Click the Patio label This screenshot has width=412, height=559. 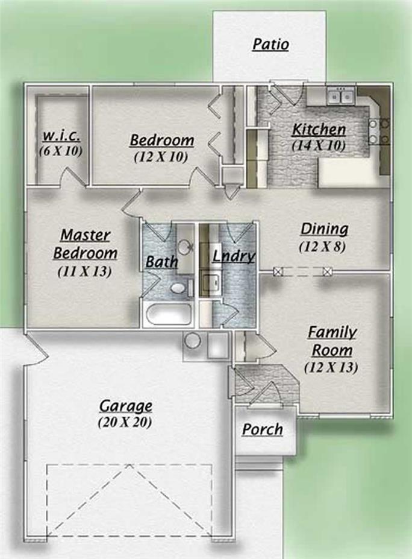pyautogui.click(x=270, y=44)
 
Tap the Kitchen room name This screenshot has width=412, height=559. pyautogui.click(x=319, y=130)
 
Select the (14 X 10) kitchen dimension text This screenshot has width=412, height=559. pyautogui.click(x=319, y=145)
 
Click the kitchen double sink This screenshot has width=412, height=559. pyautogui.click(x=340, y=95)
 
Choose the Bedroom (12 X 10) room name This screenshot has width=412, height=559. pyautogui.click(x=162, y=141)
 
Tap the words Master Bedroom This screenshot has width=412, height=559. pyautogui.click(x=85, y=243)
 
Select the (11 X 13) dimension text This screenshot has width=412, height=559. pyautogui.click(x=85, y=271)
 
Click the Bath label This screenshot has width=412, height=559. pyautogui.click(x=161, y=262)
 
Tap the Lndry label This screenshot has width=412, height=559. pyautogui.click(x=234, y=256)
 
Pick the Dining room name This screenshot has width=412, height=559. pyautogui.click(x=324, y=229)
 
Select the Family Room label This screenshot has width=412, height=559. pyautogui.click(x=331, y=341)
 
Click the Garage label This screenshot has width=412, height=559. pyautogui.click(x=125, y=406)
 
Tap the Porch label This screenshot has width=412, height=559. pyautogui.click(x=263, y=429)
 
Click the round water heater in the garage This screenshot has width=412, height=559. pyautogui.click(x=192, y=341)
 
